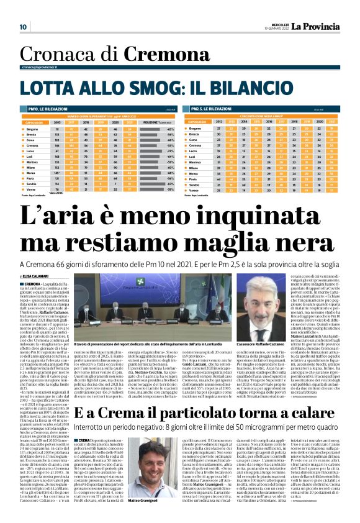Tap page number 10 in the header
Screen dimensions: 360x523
click(23, 27)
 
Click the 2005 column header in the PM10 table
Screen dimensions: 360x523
click(57, 122)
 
